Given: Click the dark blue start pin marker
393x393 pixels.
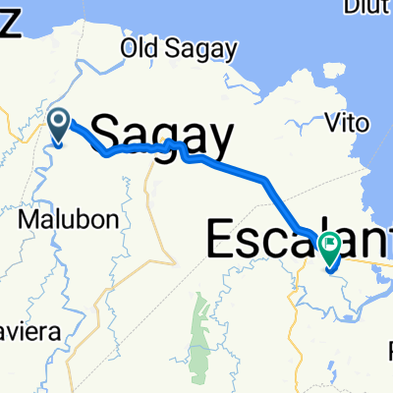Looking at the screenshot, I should pos(57,124).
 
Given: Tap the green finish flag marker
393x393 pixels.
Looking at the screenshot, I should pos(329,243).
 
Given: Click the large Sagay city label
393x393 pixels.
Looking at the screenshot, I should pos(162,133).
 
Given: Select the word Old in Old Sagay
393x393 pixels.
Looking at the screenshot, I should pos(136,48).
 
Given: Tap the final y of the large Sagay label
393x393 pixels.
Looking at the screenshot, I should pos(221,138).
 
